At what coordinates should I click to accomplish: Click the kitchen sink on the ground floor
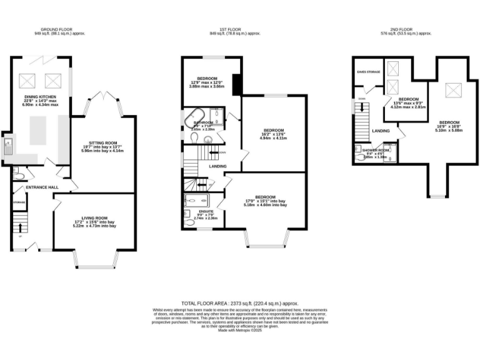click(8, 147)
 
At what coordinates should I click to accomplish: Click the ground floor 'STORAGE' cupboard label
click(19, 202)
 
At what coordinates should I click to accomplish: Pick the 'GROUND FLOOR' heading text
click(58, 29)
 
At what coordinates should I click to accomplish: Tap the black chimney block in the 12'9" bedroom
click(237, 84)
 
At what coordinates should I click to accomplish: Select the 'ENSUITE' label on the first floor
click(206, 211)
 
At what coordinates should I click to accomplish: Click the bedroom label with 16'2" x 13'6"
click(273, 130)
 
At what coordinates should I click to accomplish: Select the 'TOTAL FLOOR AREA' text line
click(240, 302)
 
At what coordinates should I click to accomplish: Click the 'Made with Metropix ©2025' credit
click(240, 331)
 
